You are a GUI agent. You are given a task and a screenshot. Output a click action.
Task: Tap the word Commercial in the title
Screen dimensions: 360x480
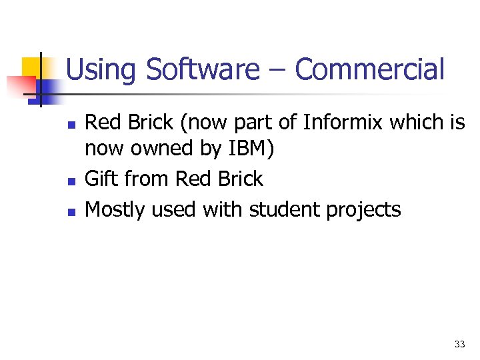[369, 70]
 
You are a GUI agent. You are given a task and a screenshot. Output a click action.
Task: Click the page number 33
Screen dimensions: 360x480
[459, 344]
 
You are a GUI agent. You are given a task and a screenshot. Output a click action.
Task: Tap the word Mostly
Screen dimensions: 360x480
[116, 209]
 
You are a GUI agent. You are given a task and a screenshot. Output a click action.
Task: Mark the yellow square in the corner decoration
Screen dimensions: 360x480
[31, 66]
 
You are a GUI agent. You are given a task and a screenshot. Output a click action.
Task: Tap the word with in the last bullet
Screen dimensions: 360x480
[224, 209]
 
